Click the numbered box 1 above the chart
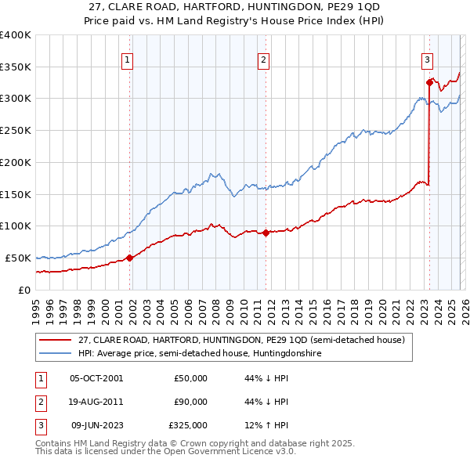tap(127, 59)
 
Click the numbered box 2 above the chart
tap(264, 59)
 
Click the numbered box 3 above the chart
tap(427, 59)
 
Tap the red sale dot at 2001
tap(130, 258)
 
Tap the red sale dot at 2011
tap(266, 232)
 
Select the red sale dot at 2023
tap(429, 81)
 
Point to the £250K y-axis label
tap(16, 130)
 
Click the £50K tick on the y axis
tap(19, 258)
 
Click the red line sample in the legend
tap(56, 340)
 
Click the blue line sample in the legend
tap(56, 354)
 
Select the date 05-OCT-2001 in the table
tap(96, 378)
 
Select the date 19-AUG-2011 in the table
tap(96, 402)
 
